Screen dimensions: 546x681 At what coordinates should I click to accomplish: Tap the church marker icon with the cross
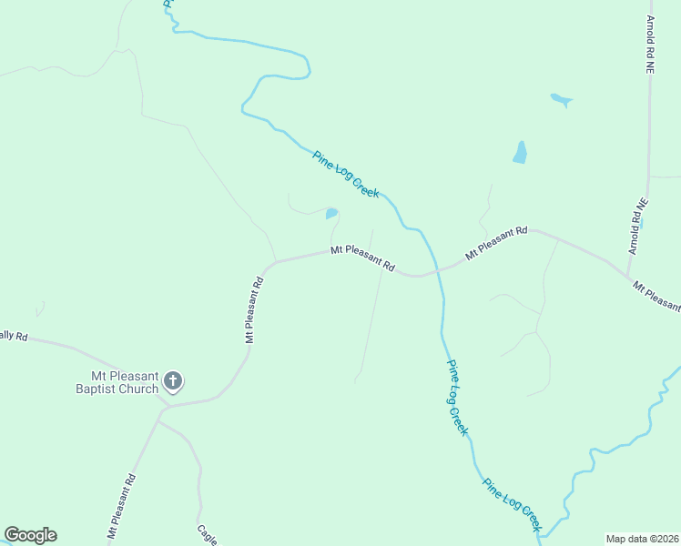tap(173, 380)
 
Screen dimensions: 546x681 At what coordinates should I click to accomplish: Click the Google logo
tap(30, 535)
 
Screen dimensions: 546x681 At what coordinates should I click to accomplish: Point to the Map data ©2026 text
tap(642, 538)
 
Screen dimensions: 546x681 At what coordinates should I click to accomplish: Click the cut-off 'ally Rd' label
tap(14, 336)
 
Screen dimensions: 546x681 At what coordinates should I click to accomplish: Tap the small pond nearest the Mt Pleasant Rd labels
tap(331, 214)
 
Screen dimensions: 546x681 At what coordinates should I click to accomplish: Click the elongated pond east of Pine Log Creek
tap(520, 152)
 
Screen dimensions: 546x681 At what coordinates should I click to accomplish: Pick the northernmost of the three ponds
tap(561, 99)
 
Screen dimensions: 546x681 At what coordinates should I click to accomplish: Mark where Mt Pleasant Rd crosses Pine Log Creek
tap(439, 268)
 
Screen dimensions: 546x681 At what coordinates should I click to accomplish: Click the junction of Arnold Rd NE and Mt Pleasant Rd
tap(628, 277)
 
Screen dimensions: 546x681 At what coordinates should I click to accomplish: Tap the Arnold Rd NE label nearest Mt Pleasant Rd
tap(637, 226)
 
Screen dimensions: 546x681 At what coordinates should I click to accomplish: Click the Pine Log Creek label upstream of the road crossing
tap(346, 174)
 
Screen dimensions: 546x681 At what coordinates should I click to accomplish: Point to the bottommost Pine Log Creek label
tap(512, 505)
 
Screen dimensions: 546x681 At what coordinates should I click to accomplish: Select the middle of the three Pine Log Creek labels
tap(457, 397)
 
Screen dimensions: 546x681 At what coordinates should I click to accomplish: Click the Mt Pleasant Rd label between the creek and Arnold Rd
tap(496, 244)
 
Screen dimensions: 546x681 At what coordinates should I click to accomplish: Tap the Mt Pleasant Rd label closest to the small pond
tap(362, 258)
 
